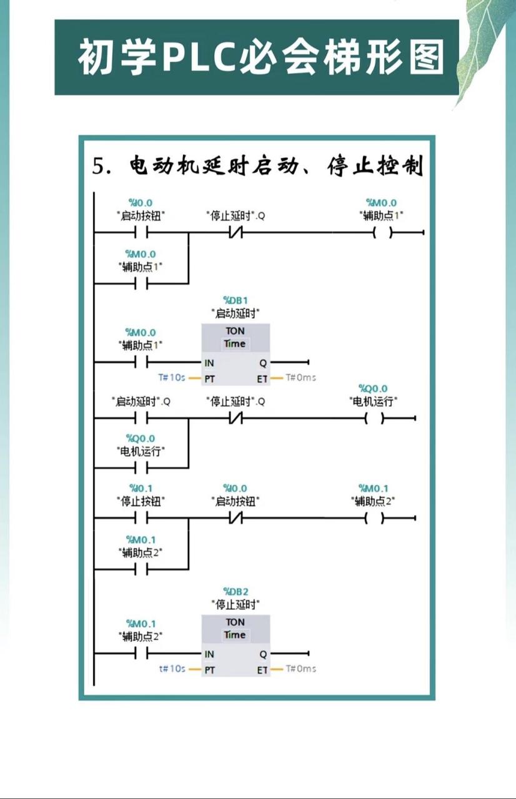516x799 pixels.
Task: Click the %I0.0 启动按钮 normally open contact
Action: point(141,233)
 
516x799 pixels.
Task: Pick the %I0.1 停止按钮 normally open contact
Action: point(141,518)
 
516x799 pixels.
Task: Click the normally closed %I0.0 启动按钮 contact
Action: point(235,518)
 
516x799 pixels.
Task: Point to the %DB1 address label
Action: point(235,300)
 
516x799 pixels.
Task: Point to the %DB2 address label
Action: point(235,591)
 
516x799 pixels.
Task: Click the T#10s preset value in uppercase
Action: point(171,378)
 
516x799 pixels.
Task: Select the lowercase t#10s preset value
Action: point(172,669)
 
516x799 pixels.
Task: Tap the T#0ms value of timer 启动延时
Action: point(301,378)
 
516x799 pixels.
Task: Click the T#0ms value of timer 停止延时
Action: point(301,669)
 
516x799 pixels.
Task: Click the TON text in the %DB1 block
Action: point(235,331)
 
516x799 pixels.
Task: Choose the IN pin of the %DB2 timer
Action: point(209,654)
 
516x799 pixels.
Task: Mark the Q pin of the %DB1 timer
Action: point(263,363)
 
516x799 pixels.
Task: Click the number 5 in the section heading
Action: point(98,167)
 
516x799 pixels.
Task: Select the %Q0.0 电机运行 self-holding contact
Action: point(141,468)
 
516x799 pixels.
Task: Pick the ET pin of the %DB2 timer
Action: point(262,669)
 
